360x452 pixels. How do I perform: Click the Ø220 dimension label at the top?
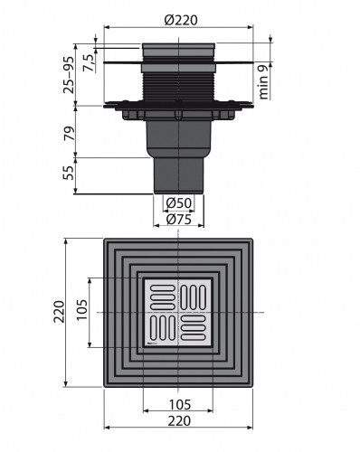[x=181, y=20]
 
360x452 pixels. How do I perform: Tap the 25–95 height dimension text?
[x=69, y=75]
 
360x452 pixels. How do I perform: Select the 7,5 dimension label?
[x=90, y=62]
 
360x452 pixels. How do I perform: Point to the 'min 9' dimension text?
[x=263, y=82]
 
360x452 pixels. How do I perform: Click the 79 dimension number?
[x=69, y=133]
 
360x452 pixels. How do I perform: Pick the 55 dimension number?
[x=69, y=173]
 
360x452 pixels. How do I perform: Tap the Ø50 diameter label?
[x=179, y=203]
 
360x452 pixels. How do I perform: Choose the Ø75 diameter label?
[x=179, y=219]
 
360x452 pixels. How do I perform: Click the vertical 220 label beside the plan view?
[x=59, y=312]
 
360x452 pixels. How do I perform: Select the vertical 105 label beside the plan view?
[x=81, y=310]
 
